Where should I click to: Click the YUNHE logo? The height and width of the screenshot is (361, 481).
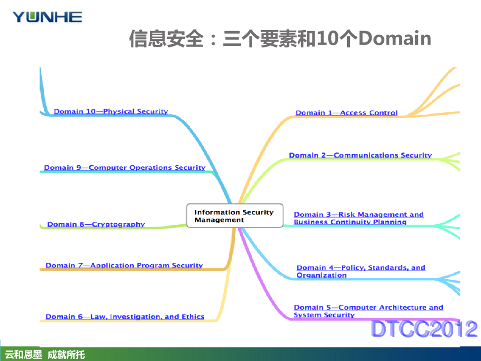coord(47,17)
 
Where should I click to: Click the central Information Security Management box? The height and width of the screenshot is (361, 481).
coord(234,216)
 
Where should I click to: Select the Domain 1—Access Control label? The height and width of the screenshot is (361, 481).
coord(346,113)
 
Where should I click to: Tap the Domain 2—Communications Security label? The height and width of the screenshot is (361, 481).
coord(360,155)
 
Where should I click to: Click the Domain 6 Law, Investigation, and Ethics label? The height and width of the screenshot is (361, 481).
coord(124,316)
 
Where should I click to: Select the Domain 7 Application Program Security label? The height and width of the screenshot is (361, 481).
coord(124,265)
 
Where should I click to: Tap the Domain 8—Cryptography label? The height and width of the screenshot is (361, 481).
coord(96,224)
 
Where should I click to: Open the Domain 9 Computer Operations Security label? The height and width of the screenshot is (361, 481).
coord(124,167)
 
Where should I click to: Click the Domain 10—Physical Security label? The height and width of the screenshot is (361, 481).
coord(111,111)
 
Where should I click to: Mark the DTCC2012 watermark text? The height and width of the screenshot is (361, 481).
coord(424,329)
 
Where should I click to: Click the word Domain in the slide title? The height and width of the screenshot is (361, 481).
coord(395,38)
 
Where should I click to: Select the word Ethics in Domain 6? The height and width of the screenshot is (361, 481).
coord(193,316)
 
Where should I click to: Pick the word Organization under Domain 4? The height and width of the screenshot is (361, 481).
coord(321,275)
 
